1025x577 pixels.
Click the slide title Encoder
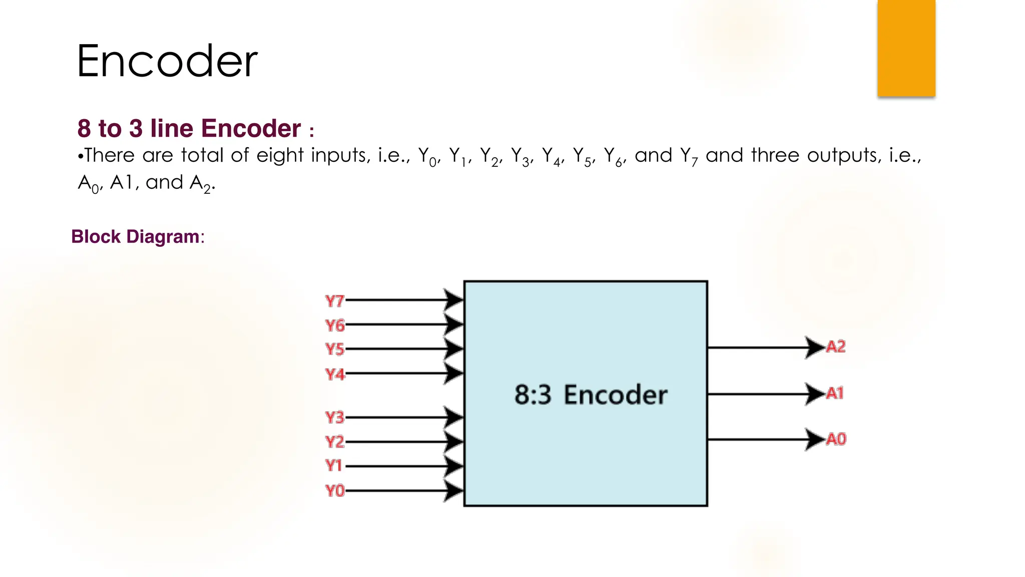point(167,61)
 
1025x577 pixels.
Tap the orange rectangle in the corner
point(906,48)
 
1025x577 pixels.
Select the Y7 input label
point(334,301)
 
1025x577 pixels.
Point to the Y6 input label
point(335,326)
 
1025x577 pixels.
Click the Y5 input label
point(334,349)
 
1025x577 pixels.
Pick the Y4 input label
point(334,374)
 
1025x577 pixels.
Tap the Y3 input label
point(334,417)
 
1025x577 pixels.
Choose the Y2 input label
point(334,442)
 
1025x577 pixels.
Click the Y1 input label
point(333,466)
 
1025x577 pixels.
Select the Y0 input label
point(334,490)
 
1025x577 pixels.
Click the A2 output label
point(835,347)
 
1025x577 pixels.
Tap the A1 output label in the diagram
point(834,393)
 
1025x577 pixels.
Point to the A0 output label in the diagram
point(835,439)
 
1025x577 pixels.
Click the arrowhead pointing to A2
point(814,347)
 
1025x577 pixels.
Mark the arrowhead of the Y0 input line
point(453,490)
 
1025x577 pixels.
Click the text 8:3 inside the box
point(533,395)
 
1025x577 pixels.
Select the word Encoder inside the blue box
point(615,395)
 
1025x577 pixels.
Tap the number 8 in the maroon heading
point(84,129)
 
